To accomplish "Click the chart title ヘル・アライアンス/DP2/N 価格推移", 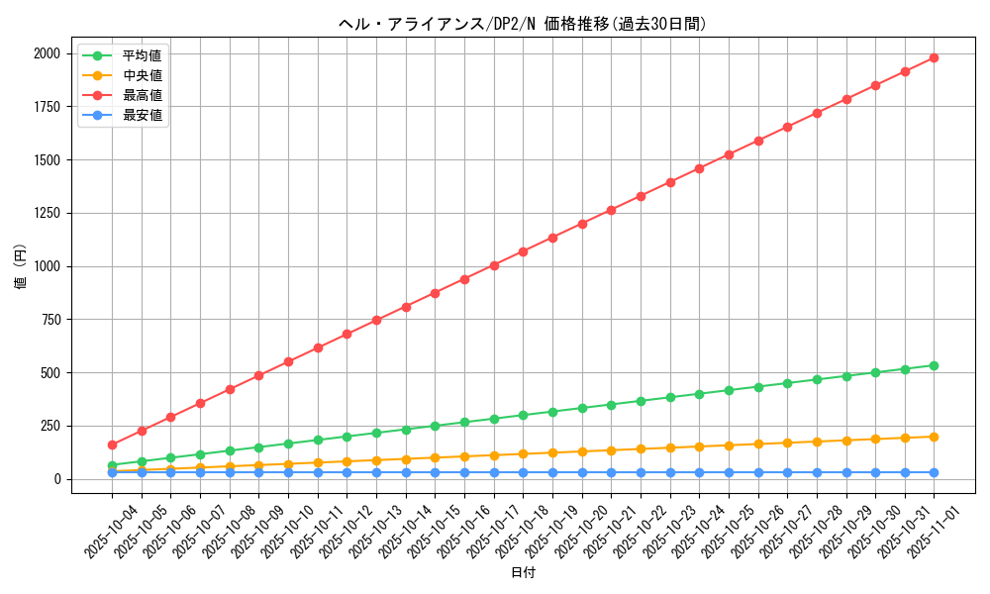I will [x=523, y=24].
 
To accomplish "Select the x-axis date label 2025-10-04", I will [x=112, y=532].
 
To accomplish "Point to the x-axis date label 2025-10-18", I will [x=523, y=532].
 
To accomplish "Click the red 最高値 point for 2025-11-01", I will [x=934, y=57].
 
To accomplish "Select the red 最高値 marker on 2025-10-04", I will [x=112, y=445].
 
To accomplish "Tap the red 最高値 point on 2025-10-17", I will [x=494, y=265].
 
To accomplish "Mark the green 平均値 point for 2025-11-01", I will [x=934, y=365].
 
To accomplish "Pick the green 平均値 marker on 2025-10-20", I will [x=582, y=408].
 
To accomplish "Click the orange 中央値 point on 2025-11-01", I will [x=934, y=437].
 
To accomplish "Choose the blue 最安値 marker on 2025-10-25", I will [x=729, y=472].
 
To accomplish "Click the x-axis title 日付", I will [x=523, y=573].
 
